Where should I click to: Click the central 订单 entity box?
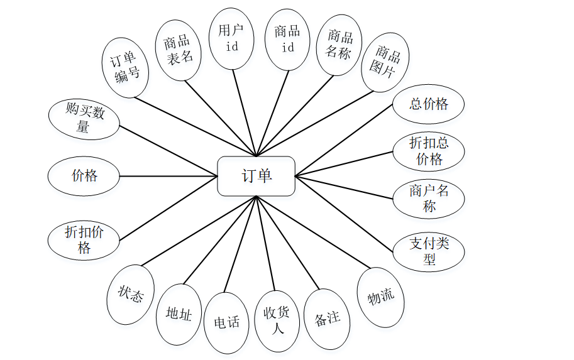point(256,176)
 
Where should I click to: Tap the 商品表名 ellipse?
point(177,50)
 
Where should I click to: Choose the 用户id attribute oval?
point(231,38)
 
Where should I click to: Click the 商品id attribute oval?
point(287,39)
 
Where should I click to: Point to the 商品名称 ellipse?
point(339,45)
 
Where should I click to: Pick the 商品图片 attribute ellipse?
point(385,62)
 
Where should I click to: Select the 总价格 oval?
point(428,105)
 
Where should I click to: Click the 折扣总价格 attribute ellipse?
point(429,151)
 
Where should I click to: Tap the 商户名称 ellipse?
point(429,199)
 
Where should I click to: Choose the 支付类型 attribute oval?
point(429,251)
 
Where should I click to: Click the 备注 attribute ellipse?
point(327,319)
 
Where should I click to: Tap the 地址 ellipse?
point(179,314)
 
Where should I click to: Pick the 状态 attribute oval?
point(131,294)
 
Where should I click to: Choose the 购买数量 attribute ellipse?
point(84,119)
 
